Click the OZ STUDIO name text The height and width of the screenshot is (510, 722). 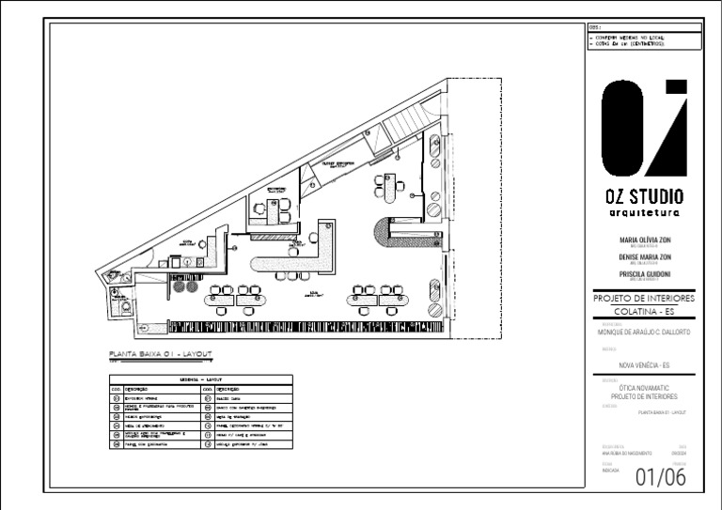coord(645,197)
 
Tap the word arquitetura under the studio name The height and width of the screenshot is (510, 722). coord(645,213)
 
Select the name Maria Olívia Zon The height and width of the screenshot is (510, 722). coord(645,240)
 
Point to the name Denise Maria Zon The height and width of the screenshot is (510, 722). coord(645,256)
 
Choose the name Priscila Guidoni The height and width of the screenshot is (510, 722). coord(645,273)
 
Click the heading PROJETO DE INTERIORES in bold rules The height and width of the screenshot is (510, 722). coord(645,298)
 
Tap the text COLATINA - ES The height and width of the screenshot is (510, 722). coord(645,311)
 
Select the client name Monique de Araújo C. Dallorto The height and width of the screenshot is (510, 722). coord(645,332)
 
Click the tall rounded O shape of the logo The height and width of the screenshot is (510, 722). coord(623,128)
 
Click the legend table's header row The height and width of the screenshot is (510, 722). coord(201,378)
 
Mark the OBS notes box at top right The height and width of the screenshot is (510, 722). coord(645,39)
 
